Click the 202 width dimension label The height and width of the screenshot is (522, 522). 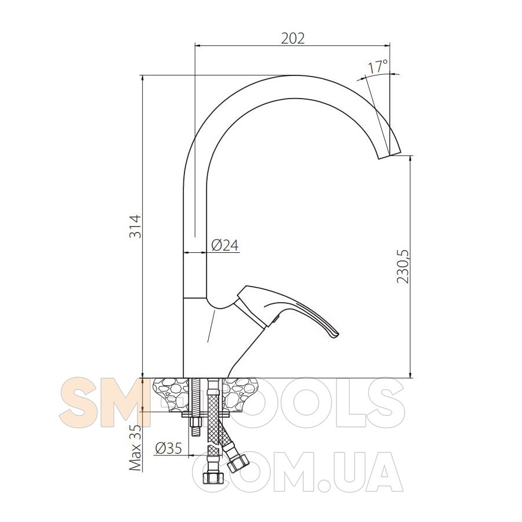(293, 38)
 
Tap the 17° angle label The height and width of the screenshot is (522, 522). (378, 66)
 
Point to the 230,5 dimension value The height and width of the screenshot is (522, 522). (403, 266)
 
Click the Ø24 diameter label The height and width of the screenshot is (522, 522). (225, 245)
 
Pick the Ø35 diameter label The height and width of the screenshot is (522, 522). (168, 448)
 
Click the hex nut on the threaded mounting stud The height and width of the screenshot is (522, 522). (195, 423)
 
